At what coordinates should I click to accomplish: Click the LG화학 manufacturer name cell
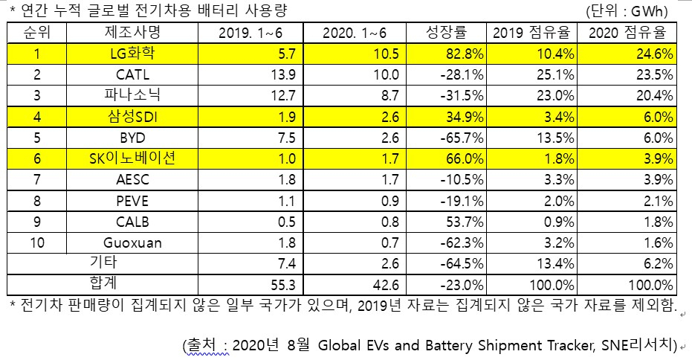pyautogui.click(x=132, y=54)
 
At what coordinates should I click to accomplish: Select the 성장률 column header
pyautogui.click(x=446, y=32)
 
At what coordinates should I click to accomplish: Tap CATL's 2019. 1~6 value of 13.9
pyautogui.click(x=283, y=74)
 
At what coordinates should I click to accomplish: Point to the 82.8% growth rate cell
pyautogui.click(x=462, y=54)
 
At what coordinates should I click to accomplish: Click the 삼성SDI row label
pyautogui.click(x=132, y=117)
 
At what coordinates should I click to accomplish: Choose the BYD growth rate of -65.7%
pyautogui.click(x=462, y=138)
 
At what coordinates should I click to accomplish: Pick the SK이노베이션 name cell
pyautogui.click(x=132, y=158)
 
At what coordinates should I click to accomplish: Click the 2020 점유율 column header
pyautogui.click(x=627, y=32)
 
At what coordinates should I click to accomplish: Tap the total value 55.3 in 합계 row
pyautogui.click(x=283, y=285)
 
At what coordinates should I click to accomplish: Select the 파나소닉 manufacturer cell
pyautogui.click(x=132, y=95)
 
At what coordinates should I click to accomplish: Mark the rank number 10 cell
pyautogui.click(x=37, y=242)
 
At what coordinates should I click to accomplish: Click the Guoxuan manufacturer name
pyautogui.click(x=132, y=242)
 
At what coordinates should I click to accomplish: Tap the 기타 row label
pyautogui.click(x=103, y=263)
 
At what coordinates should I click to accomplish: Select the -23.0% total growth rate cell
pyautogui.click(x=462, y=285)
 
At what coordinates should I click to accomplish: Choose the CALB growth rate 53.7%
pyautogui.click(x=465, y=222)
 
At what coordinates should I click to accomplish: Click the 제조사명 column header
pyautogui.click(x=132, y=32)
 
